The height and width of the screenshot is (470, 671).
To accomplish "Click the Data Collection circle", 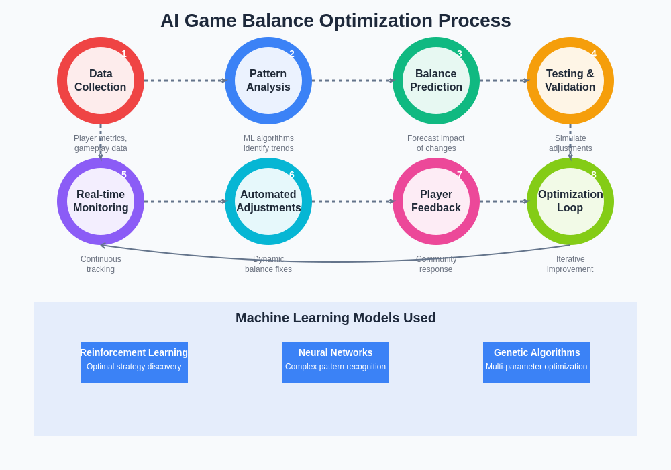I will pos(101,81).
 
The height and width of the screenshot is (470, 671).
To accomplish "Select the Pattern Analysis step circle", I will pos(268,81).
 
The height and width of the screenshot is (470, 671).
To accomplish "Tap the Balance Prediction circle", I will pos(436,81).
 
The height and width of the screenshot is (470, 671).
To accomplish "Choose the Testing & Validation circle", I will pos(570,81).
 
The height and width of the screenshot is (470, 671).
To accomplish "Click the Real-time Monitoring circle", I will pos(101,201).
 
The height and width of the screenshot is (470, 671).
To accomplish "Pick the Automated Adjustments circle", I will pos(268,201).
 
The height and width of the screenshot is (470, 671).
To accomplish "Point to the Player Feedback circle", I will pos(436,201).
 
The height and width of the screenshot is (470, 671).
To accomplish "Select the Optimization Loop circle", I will pos(570,201).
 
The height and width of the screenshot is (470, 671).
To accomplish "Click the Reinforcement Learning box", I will pos(134,363).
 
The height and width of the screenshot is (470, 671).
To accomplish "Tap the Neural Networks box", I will pos(335,363).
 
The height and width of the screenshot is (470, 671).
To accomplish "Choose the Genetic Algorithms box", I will pos(537,363).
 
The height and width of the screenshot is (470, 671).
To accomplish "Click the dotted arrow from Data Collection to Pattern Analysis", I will pos(185,81).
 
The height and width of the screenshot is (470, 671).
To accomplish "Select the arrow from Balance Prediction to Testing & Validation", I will pos(503,81).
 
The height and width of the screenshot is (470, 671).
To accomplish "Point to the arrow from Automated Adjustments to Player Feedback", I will pos(352,201).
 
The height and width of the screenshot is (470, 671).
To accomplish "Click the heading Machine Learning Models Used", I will pos(335,318).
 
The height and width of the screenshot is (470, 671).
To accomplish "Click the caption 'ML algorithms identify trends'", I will pos(268,143).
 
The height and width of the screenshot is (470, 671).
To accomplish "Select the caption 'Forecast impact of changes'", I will pos(436,143).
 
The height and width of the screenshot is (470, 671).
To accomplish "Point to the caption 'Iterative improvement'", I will pos(570,264).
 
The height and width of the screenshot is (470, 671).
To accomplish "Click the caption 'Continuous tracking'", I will pos(101,264).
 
